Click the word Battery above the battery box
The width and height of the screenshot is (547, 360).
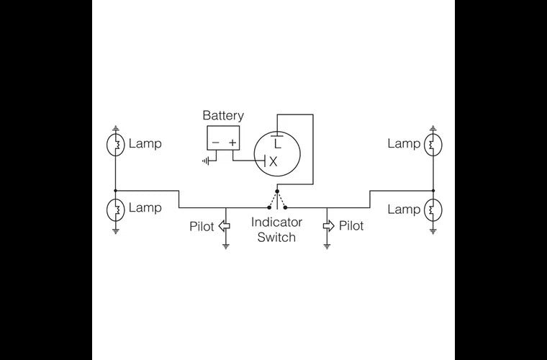click(x=223, y=115)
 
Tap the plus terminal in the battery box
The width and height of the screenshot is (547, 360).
click(x=232, y=143)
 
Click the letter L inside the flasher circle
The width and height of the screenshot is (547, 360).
click(x=277, y=143)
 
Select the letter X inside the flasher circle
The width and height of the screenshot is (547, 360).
click(x=273, y=162)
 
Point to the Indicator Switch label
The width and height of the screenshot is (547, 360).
click(x=276, y=230)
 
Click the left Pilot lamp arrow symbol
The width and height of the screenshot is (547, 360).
click(x=225, y=226)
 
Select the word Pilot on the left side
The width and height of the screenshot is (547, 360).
click(x=202, y=226)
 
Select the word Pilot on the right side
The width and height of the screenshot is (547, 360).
click(x=351, y=226)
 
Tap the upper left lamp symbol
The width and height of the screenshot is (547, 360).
click(x=115, y=145)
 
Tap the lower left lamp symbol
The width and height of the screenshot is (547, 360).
click(x=115, y=210)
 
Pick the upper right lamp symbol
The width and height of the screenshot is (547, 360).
click(x=433, y=145)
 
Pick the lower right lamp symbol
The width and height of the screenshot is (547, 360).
click(x=433, y=210)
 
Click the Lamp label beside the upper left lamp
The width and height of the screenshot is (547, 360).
click(x=145, y=143)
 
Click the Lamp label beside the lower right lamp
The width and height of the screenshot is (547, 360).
click(x=403, y=210)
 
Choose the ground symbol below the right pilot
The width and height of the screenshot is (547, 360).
click(x=327, y=246)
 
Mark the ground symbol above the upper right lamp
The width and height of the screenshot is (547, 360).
click(x=433, y=128)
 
